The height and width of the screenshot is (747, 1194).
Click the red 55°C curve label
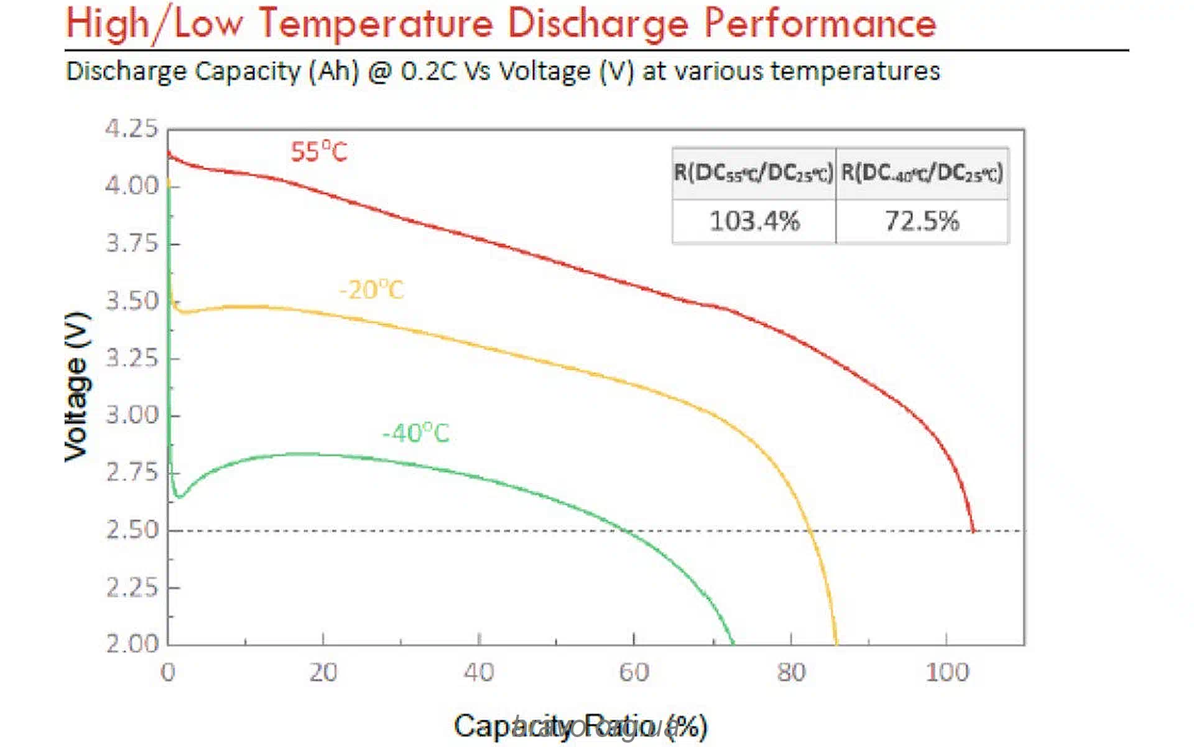click(319, 152)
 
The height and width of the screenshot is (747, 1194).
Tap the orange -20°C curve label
click(372, 290)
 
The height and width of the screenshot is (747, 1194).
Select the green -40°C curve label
click(415, 433)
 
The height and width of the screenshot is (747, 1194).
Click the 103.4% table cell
click(754, 221)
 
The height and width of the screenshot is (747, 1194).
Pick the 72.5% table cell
click(922, 221)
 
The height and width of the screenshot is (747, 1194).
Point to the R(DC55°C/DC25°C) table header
click(754, 173)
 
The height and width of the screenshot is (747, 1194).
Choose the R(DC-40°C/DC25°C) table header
click(922, 173)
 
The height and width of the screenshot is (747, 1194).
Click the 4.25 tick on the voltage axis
click(132, 129)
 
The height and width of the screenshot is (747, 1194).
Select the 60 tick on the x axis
click(634, 672)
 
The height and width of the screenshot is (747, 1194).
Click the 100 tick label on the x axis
click(947, 672)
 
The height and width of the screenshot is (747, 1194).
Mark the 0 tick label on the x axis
click(168, 672)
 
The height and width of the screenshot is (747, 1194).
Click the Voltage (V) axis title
click(78, 387)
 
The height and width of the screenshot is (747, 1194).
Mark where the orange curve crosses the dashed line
click(810, 531)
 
